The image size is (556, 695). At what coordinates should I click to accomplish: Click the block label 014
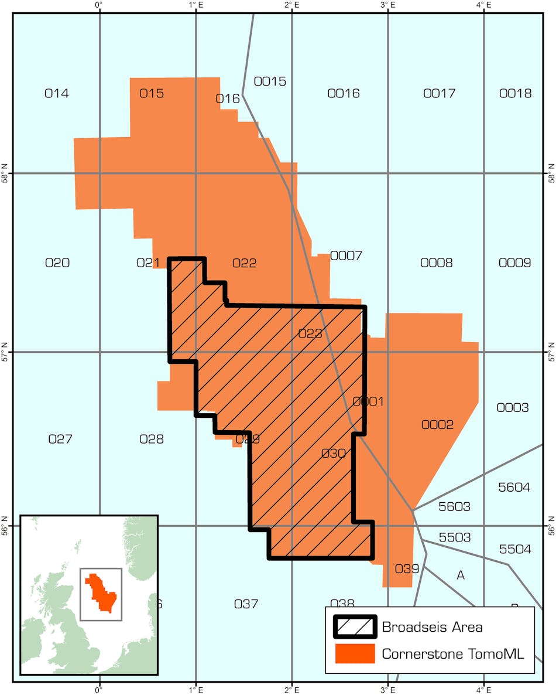[x=57, y=93]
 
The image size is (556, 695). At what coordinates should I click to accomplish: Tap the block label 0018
[x=516, y=93]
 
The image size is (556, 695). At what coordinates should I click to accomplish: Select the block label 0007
[x=346, y=255]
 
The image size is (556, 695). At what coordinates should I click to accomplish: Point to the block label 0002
[x=437, y=425]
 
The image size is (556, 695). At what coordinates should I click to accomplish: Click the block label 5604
[x=514, y=487]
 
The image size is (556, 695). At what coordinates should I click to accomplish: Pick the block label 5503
[x=454, y=537]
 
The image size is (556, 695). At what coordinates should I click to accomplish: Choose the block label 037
[x=246, y=604]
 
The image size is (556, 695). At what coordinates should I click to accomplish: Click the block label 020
[x=57, y=263]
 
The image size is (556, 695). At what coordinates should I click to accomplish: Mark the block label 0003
[x=512, y=407]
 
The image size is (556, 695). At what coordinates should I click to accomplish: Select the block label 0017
[x=439, y=93]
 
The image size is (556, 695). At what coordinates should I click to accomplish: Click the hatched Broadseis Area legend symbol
[x=355, y=627]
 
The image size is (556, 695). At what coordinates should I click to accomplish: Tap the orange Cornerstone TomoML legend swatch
[x=355, y=654]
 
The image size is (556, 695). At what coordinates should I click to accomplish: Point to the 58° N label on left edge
[x=5, y=173]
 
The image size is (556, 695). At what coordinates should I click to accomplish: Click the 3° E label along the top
[x=387, y=5]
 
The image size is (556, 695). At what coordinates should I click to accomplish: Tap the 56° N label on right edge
[x=550, y=526]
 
